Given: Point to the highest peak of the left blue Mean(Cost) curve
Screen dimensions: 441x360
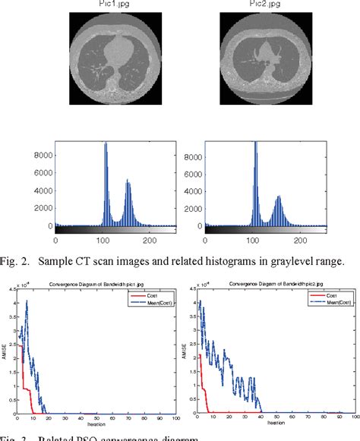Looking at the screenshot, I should pyautogui.click(x=27, y=301).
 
